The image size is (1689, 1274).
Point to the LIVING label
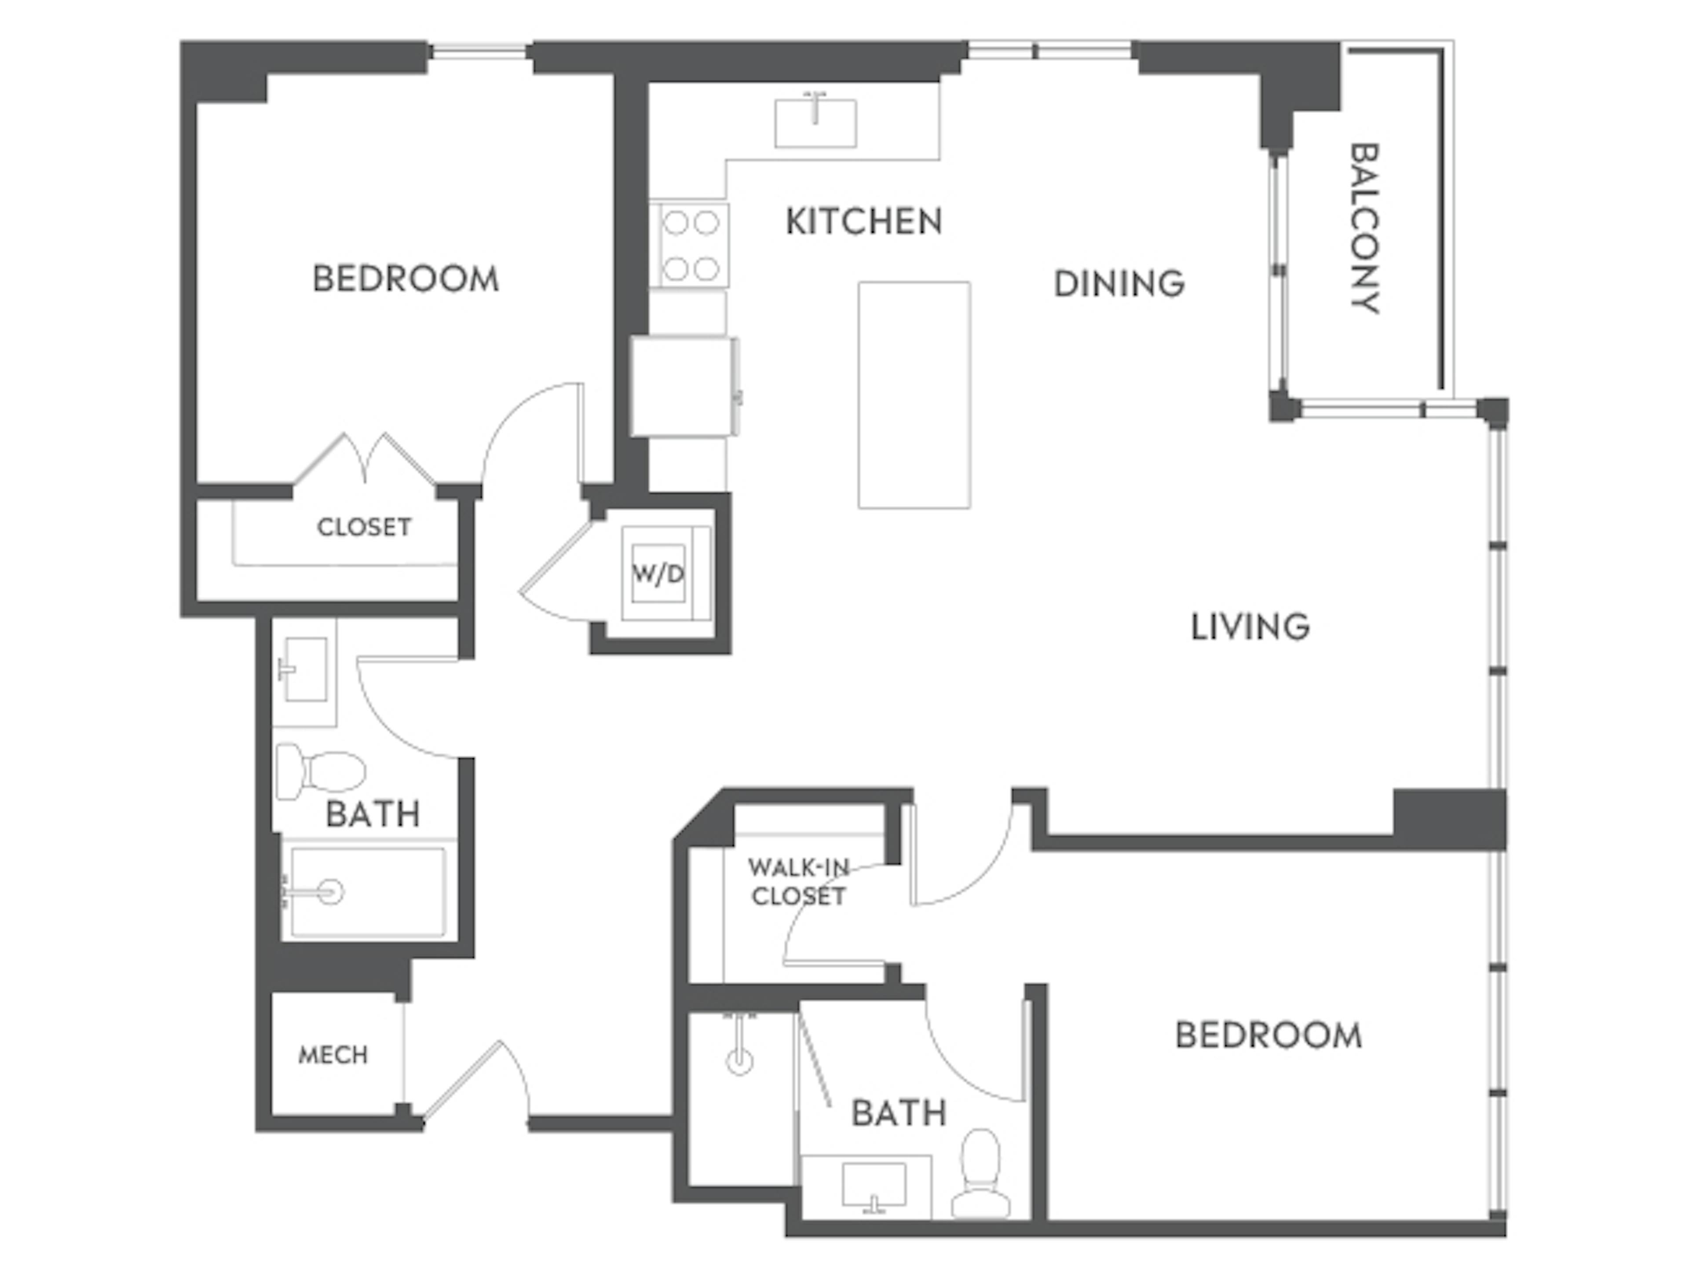tap(1251, 627)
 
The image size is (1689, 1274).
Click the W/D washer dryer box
tap(658, 573)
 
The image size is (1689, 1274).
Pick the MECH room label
tap(333, 1056)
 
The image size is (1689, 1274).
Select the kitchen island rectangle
tap(914, 395)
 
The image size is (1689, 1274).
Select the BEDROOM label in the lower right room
tap(1268, 1035)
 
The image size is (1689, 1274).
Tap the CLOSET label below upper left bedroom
tap(364, 527)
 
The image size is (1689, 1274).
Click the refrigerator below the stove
tap(684, 386)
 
